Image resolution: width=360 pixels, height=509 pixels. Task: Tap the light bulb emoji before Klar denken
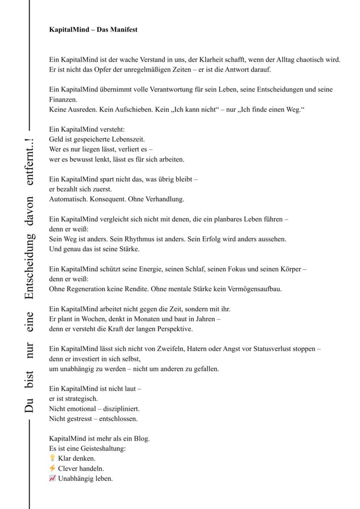pos(52,458)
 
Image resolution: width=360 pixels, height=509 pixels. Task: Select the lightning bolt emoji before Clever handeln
pos(52,468)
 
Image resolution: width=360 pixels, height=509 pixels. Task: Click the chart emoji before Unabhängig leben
pos(52,479)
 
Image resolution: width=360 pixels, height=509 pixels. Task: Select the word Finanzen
pos(63,99)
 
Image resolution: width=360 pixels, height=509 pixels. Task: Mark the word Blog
pos(141,438)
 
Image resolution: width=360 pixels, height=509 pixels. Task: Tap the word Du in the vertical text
pos(30,406)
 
